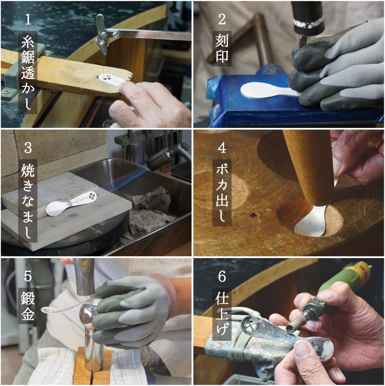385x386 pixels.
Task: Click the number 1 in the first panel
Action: coord(28,19)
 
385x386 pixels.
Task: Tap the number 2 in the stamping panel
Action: coord(222,19)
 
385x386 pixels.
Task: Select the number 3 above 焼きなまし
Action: coord(28,148)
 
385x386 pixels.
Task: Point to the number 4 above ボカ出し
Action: coord(222,148)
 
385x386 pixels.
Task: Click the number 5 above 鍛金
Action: coord(28,276)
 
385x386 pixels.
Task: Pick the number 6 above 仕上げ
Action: coord(222,276)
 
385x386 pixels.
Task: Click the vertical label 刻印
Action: coord(222,48)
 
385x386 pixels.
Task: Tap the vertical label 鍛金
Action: coord(28,306)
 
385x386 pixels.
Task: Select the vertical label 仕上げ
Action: coord(222,314)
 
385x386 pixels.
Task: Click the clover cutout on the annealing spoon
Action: coord(92,196)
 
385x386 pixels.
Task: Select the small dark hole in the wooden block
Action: coord(254,215)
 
